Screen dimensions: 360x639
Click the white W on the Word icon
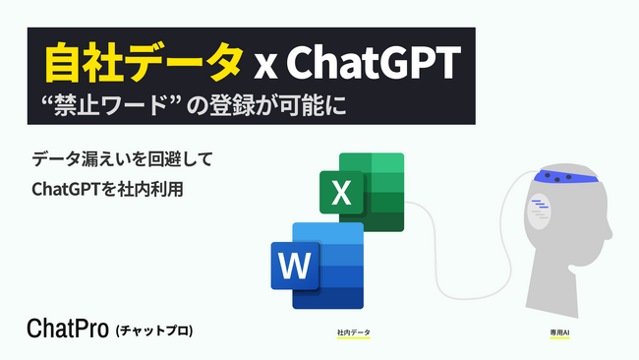(x=293, y=266)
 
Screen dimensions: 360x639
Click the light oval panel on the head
(x=540, y=210)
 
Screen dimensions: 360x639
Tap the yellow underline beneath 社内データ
(x=353, y=339)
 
